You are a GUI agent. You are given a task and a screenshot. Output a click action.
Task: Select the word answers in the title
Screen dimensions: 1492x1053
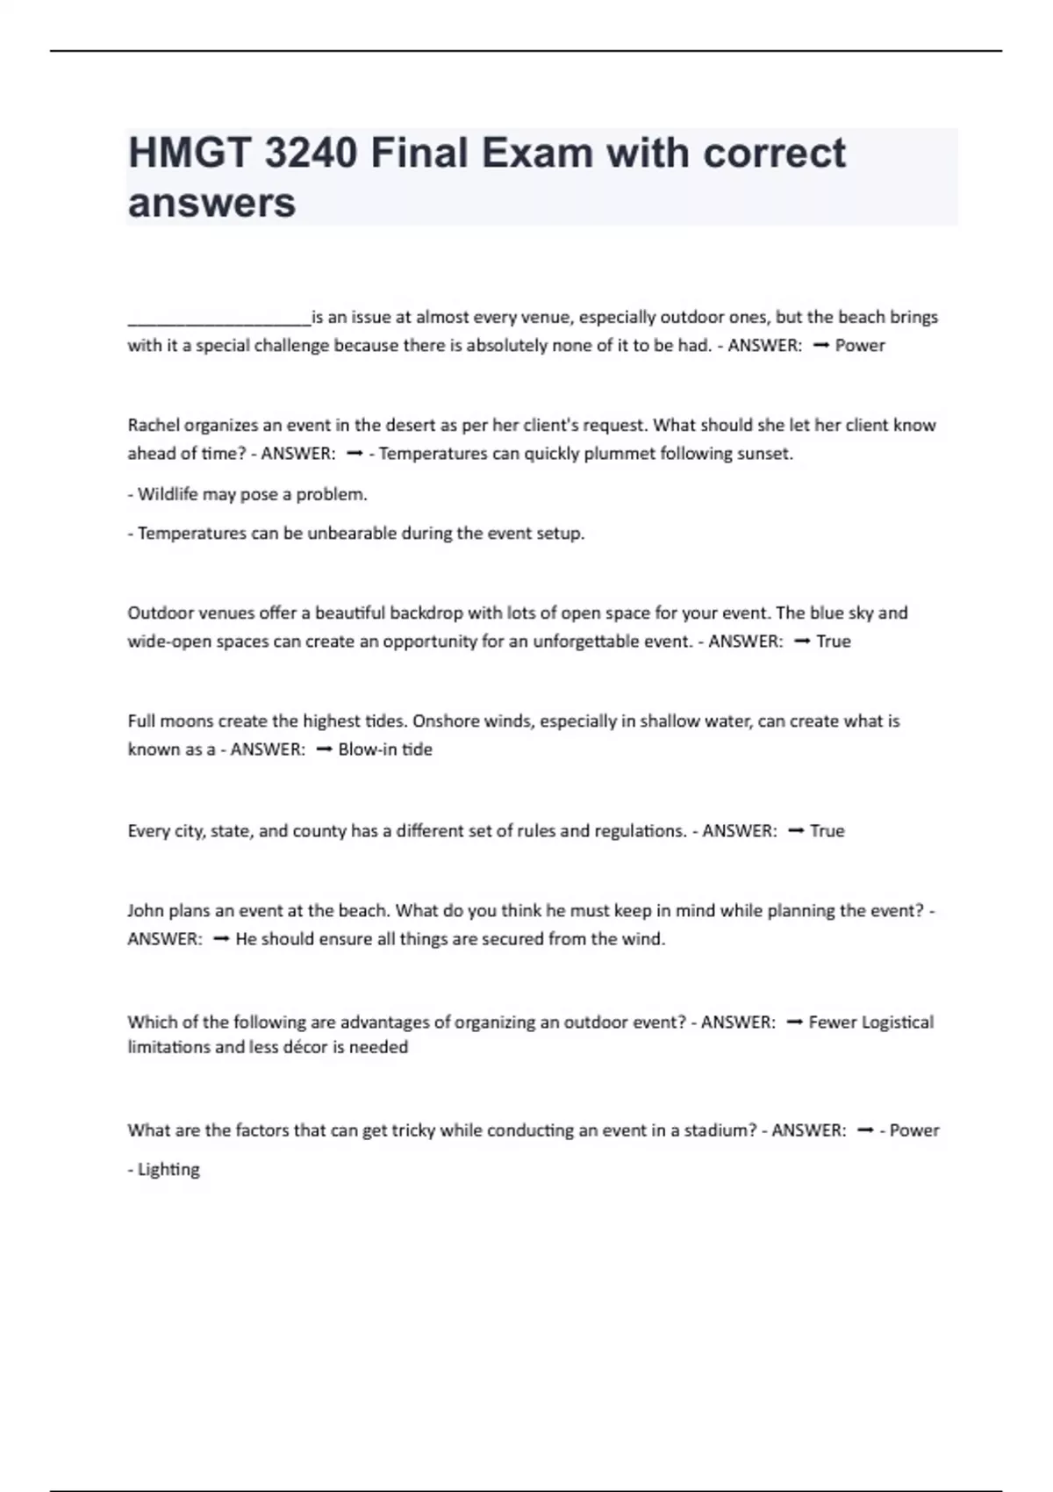point(211,204)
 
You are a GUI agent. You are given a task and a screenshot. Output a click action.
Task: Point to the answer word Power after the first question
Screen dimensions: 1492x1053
point(860,346)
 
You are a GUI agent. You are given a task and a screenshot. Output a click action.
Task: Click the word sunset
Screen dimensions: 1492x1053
point(766,454)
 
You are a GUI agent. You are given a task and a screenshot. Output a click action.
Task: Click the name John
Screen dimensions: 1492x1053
point(146,911)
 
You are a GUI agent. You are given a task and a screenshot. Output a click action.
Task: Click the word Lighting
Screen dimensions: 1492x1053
point(168,1170)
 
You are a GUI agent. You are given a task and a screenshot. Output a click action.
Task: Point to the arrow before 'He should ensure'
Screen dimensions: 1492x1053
point(220,939)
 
